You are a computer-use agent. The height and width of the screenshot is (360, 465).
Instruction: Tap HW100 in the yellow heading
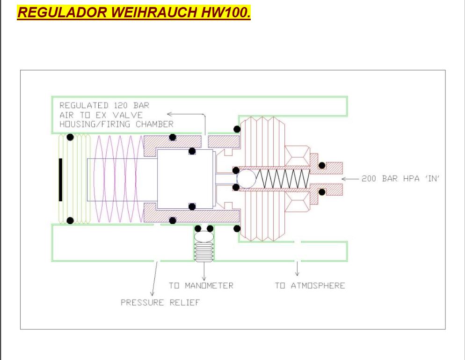(x=225, y=12)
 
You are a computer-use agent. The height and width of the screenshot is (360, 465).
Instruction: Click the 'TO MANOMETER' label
(x=201, y=286)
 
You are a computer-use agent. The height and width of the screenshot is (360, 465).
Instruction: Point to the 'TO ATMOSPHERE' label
(x=310, y=286)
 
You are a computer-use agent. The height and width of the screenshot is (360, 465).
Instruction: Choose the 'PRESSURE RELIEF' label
(x=160, y=302)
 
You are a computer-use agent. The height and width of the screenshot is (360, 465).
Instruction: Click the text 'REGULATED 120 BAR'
(x=104, y=105)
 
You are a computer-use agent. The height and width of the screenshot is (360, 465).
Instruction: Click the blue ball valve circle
(x=247, y=179)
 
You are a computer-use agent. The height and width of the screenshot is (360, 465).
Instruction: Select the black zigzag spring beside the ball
(x=283, y=179)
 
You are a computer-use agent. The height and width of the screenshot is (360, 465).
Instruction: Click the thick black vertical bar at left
(x=60, y=180)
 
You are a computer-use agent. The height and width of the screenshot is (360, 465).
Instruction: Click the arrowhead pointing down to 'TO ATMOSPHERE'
(x=297, y=274)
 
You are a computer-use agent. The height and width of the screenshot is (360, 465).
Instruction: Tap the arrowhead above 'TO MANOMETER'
(x=204, y=279)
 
